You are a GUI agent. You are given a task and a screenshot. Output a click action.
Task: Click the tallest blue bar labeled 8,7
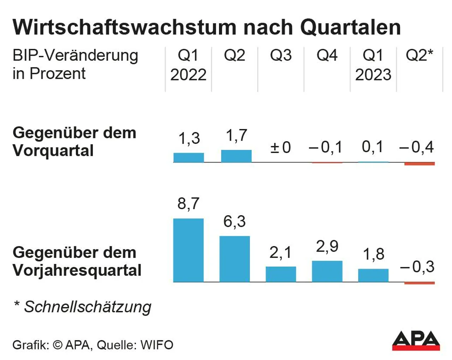(188, 250)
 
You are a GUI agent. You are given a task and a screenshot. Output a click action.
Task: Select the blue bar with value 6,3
(234, 259)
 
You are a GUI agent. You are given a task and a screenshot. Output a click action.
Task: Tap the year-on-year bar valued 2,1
(281, 274)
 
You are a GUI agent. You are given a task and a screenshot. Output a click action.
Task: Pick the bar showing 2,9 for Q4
(327, 271)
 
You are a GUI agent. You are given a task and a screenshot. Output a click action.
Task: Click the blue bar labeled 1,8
(373, 275)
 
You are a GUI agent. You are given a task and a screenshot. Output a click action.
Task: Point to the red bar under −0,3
(420, 283)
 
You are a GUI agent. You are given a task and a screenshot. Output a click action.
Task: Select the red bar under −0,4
(420, 164)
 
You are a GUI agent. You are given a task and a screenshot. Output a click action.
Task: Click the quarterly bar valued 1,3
(189, 158)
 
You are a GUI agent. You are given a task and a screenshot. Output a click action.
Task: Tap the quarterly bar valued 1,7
(236, 156)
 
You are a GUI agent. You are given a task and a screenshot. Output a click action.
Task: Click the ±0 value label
(281, 147)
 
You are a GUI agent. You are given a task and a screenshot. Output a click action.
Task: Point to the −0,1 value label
(326, 147)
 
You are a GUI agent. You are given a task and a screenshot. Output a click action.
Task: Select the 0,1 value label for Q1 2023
(373, 147)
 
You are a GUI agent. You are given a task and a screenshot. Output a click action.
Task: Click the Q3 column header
(281, 55)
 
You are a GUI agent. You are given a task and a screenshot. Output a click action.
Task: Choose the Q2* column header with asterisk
(420, 55)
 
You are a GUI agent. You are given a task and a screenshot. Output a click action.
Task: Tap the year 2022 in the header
(188, 75)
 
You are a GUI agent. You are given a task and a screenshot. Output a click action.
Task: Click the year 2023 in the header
(373, 75)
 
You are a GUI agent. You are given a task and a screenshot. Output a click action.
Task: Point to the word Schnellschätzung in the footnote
(88, 307)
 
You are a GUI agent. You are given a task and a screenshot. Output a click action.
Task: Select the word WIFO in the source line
(157, 345)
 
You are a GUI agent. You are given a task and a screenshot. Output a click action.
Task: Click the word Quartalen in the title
(351, 27)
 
